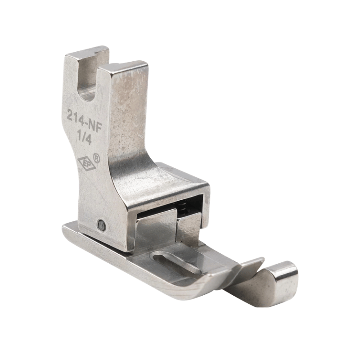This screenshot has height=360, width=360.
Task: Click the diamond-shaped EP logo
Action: tap(86, 164)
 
